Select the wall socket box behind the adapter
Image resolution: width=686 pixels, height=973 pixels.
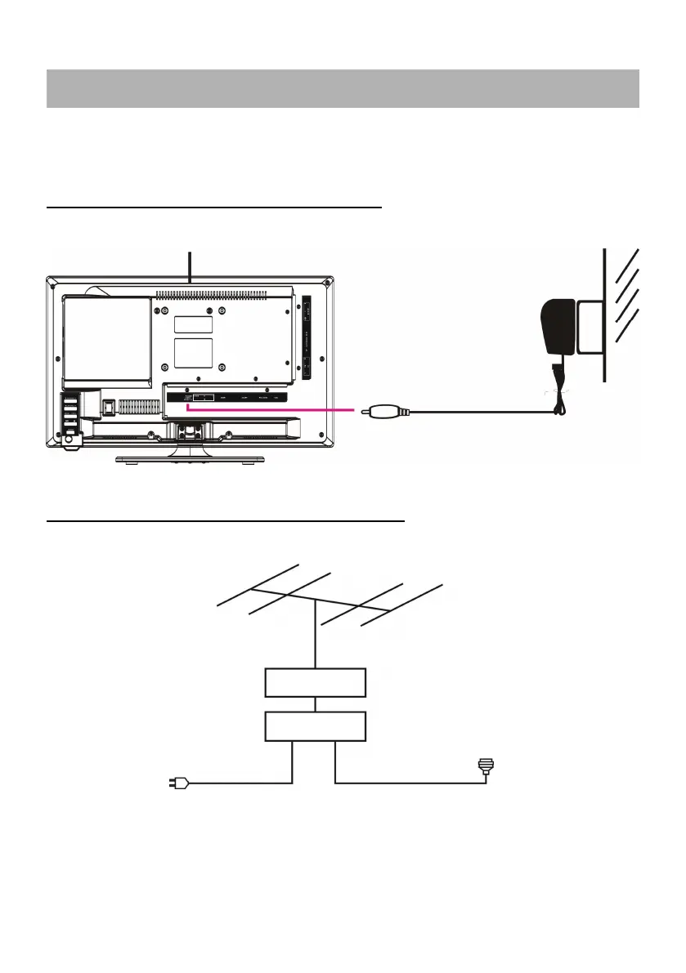590,328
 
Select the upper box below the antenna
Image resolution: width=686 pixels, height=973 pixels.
316,682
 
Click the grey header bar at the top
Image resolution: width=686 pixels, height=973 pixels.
343,88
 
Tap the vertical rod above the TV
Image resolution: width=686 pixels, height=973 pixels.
190,266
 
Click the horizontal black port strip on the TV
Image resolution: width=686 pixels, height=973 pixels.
229,399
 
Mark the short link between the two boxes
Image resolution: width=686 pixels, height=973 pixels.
316,704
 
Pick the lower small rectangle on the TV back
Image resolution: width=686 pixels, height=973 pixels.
194,353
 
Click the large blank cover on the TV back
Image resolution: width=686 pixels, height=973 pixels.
107,339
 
